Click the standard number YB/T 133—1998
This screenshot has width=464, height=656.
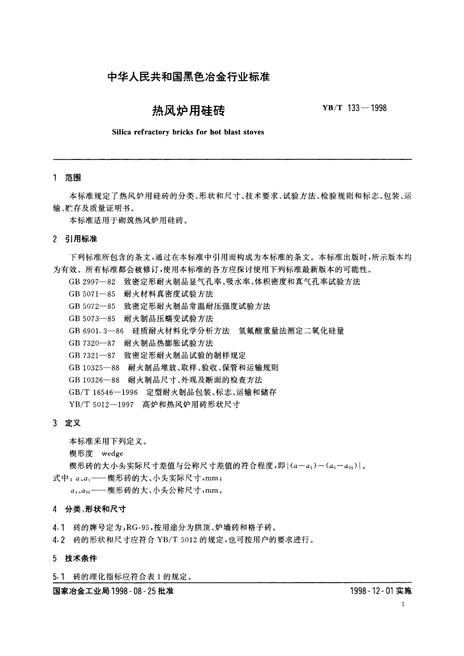(x=354, y=108)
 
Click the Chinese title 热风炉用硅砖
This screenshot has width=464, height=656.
(x=188, y=111)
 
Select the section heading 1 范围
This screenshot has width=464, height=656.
(x=67, y=178)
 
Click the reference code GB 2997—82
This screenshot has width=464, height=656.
(x=92, y=282)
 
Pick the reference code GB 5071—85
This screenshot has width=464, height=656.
(x=92, y=294)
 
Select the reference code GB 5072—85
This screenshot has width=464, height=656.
(x=92, y=306)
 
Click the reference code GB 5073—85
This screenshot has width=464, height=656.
(x=92, y=319)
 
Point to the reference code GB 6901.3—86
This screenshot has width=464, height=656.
(x=96, y=331)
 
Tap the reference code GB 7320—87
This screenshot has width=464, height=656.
(x=92, y=343)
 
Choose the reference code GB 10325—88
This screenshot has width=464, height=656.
(x=94, y=368)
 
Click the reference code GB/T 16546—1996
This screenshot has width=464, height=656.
(x=103, y=392)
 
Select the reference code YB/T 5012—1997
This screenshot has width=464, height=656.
(x=101, y=405)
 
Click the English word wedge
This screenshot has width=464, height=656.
(x=112, y=453)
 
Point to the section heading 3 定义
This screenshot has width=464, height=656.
(x=67, y=423)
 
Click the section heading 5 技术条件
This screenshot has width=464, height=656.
(x=75, y=558)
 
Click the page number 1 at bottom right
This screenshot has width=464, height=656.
(x=404, y=605)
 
